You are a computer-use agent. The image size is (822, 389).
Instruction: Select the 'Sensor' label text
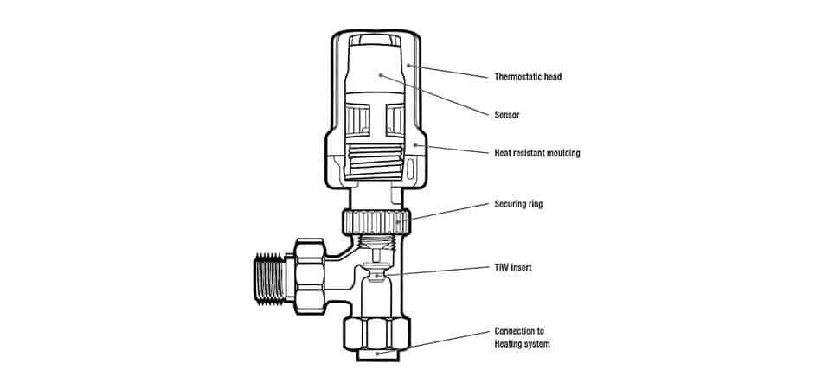[506, 114]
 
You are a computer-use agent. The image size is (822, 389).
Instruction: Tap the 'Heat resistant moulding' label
[536, 153]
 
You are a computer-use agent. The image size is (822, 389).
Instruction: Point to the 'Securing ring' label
[518, 206]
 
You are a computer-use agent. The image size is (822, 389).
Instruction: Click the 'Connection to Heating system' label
[522, 337]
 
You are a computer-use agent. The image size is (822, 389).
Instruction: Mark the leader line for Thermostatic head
[450, 71]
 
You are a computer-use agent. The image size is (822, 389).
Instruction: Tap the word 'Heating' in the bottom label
[511, 344]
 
